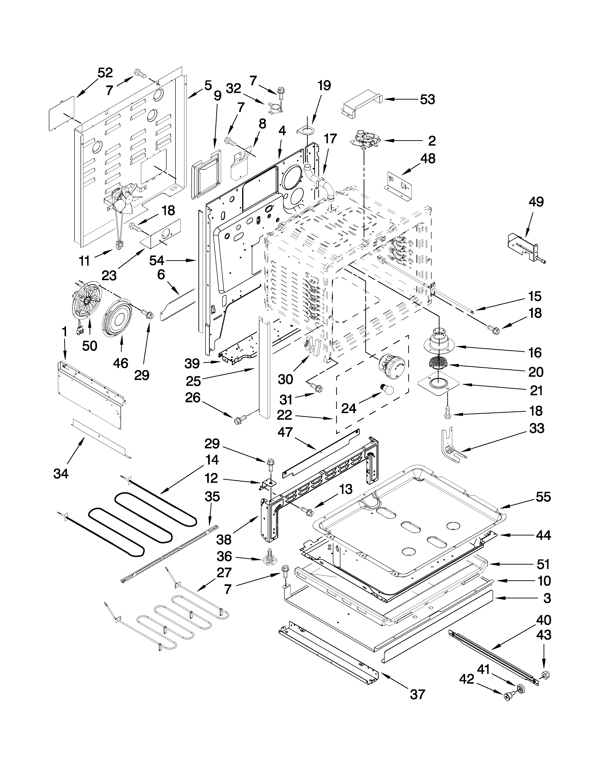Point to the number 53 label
(x=427, y=100)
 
